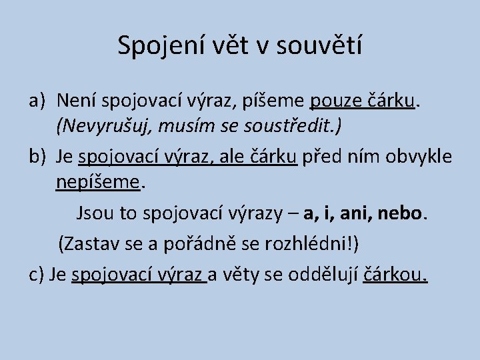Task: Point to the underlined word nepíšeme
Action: point(99,181)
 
